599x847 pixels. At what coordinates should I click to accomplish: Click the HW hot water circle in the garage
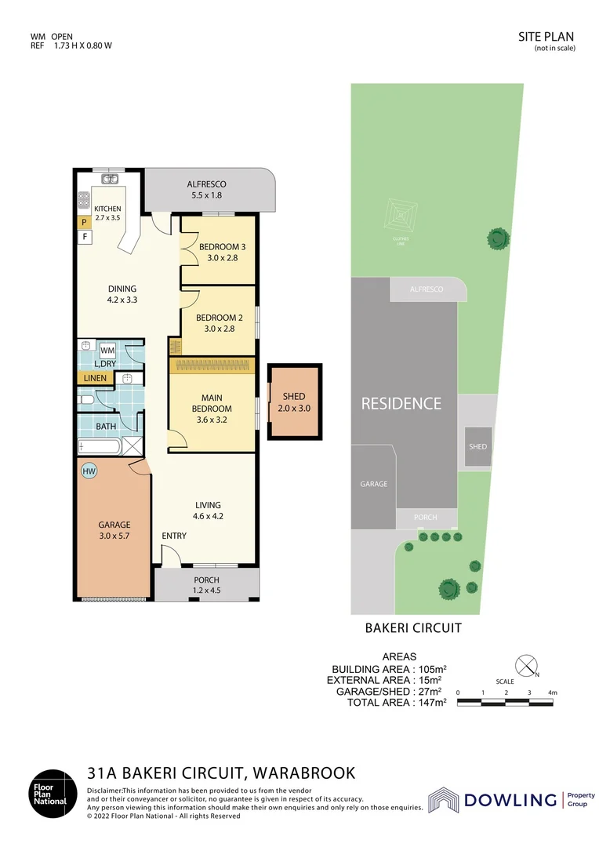click(x=89, y=471)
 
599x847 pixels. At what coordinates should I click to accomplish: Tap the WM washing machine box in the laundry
click(x=107, y=350)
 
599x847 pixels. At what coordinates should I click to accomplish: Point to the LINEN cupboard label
click(x=96, y=378)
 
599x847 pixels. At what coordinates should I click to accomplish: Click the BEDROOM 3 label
click(x=217, y=247)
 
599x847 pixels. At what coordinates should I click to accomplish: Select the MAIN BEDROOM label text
click(x=212, y=403)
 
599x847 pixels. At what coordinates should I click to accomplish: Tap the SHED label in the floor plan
click(x=294, y=397)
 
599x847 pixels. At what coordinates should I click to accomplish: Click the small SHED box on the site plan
click(x=477, y=446)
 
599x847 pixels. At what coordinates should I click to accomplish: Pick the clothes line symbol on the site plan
click(x=401, y=214)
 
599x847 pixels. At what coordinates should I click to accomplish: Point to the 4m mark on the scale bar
click(x=552, y=693)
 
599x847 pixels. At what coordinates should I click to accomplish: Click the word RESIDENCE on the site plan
click(x=401, y=404)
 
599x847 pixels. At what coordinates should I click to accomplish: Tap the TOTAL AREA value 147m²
click(x=430, y=703)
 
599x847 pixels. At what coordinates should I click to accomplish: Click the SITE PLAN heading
click(x=546, y=36)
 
